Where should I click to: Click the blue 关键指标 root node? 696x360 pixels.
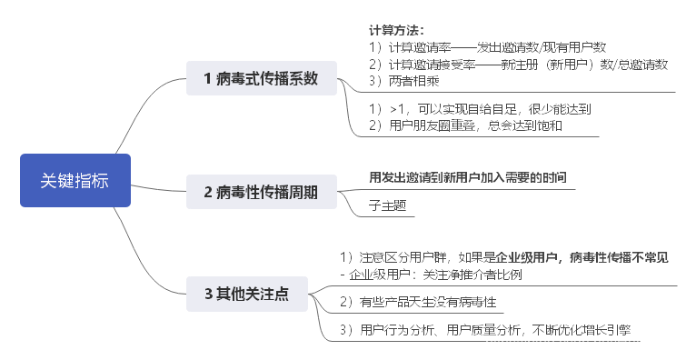point(75,180)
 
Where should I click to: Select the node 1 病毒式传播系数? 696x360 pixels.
point(261,78)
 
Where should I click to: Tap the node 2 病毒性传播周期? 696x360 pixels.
point(261,191)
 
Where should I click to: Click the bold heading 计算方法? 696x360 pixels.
point(397,30)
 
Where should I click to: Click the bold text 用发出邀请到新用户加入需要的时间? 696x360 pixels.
point(472,175)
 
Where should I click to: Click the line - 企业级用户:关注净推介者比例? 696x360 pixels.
point(431,274)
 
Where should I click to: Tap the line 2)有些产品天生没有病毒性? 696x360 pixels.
point(418,301)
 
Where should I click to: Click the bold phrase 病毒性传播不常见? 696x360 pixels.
point(620,257)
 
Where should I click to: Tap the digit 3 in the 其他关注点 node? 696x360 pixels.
point(208,293)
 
